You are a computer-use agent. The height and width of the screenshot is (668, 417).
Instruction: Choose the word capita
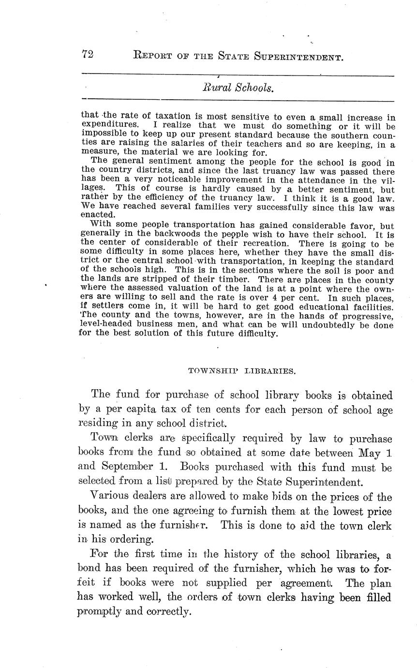[143, 410]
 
